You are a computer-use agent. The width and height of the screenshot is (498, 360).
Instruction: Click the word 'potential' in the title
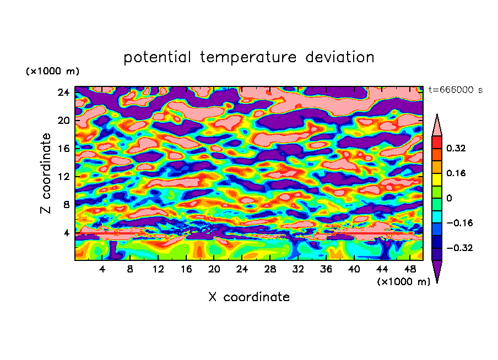[x=158, y=57]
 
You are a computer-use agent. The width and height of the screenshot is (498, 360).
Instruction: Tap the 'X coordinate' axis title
[x=249, y=297]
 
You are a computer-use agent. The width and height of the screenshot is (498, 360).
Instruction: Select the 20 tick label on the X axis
[x=214, y=269]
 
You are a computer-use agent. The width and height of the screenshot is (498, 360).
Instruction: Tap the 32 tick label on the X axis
[x=298, y=269]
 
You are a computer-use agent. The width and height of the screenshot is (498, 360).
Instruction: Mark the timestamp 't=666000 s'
[x=455, y=90]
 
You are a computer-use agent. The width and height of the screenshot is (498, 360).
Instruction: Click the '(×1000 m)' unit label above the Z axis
[x=53, y=72]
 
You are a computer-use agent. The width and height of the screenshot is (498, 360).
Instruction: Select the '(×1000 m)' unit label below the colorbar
[x=404, y=282]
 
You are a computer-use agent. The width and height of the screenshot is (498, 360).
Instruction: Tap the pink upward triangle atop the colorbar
[x=437, y=126]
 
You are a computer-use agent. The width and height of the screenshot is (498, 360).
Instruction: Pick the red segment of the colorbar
[x=437, y=142]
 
